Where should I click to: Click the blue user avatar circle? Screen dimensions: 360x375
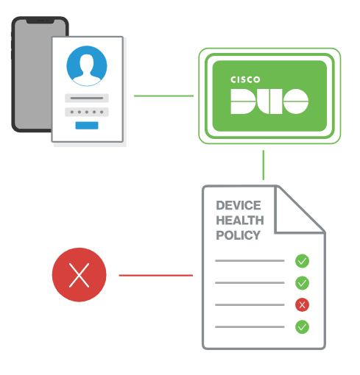click(87, 66)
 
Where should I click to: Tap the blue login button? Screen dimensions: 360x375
click(87, 125)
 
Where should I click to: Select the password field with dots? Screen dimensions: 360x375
click(87, 112)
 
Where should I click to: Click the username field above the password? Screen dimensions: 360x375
click(87, 98)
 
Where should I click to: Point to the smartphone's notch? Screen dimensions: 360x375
click(40, 21)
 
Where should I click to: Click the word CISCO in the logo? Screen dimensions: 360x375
click(245, 79)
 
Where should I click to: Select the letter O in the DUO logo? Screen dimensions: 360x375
click(296, 101)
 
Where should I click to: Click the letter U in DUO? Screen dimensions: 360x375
click(269, 101)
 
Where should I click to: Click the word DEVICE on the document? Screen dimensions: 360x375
click(239, 205)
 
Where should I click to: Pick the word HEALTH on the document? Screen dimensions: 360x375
click(240, 221)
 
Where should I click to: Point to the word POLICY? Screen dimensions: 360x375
click(238, 235)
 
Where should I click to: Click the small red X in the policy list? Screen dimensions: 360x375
click(302, 305)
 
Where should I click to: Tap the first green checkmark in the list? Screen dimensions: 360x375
click(302, 261)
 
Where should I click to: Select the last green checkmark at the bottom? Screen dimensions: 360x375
click(302, 327)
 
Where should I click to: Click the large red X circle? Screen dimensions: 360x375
click(79, 275)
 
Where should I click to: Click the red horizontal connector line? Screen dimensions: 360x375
click(156, 276)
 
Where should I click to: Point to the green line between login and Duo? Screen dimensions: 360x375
click(163, 96)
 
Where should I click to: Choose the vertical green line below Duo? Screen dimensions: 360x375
click(264, 165)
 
